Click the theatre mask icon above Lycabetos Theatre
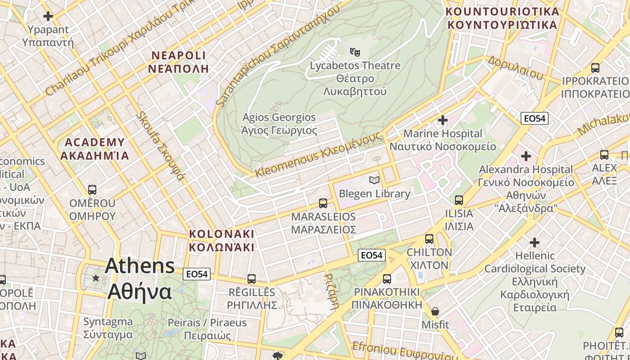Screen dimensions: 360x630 pyautogui.click(x=355, y=52)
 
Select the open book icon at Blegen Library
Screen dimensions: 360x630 pyautogui.click(x=374, y=180)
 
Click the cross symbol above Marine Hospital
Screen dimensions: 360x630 pyautogui.click(x=443, y=120)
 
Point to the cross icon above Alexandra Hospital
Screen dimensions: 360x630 pyautogui.click(x=526, y=156)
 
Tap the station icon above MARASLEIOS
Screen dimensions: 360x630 pyautogui.click(x=323, y=203)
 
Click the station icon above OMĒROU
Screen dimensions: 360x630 pyautogui.click(x=92, y=189)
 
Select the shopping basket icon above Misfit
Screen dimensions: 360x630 pyautogui.click(x=435, y=311)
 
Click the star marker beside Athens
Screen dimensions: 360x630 pyautogui.click(x=96, y=278)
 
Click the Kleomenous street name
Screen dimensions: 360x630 pyautogui.click(x=319, y=155)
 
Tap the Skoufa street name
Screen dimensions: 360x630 pyautogui.click(x=161, y=146)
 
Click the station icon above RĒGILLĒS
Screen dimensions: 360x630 pyautogui.click(x=251, y=279)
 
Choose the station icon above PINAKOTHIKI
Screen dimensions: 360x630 pyautogui.click(x=387, y=279)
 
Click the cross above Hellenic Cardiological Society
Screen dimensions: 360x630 pyautogui.click(x=535, y=243)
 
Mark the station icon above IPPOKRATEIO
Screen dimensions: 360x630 pyautogui.click(x=595, y=68)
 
